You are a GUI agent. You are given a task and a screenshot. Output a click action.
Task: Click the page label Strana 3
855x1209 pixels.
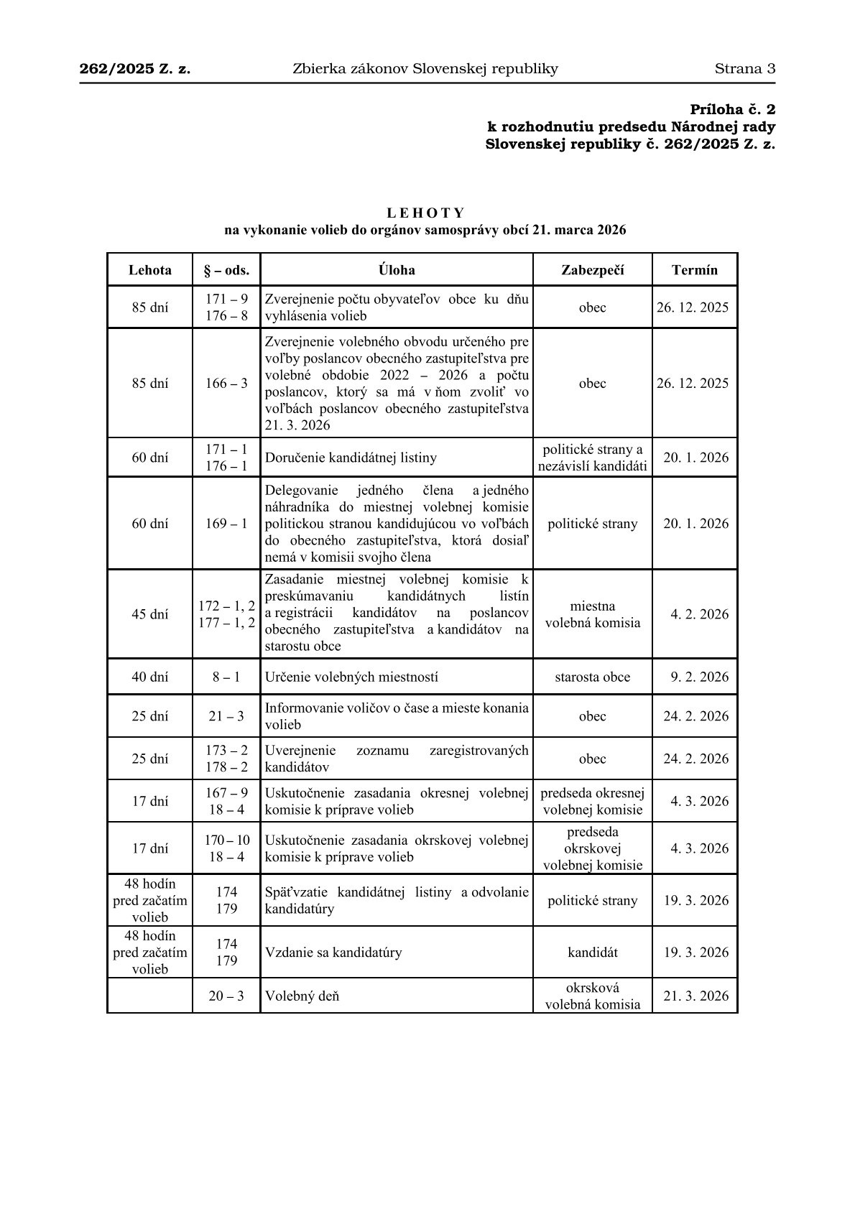[744, 69]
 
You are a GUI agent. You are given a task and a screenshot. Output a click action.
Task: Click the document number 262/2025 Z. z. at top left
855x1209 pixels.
[135, 69]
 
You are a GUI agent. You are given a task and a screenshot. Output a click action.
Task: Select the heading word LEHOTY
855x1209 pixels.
[425, 213]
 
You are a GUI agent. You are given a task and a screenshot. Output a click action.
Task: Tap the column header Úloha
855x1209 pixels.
[397, 270]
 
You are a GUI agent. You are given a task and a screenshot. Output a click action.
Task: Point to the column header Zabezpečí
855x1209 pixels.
[592, 270]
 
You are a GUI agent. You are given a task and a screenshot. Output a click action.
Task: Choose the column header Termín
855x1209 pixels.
[694, 270]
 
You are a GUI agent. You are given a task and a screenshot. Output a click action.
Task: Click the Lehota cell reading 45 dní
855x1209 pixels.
[149, 614]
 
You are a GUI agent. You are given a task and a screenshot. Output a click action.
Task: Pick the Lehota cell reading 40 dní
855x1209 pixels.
[149, 677]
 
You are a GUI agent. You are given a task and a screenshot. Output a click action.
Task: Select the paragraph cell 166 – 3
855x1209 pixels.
[226, 383]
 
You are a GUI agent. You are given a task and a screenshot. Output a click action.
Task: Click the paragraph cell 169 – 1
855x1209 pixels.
[226, 523]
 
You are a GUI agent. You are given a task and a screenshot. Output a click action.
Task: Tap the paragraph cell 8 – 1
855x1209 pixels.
[226, 677]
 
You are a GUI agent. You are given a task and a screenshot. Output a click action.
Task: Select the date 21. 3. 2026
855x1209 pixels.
[695, 996]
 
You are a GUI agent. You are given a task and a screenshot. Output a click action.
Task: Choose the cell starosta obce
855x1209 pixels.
[592, 677]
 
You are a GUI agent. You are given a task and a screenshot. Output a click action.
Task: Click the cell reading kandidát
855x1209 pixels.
[592, 953]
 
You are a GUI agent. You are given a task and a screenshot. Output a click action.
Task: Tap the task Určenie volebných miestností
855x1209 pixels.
[351, 677]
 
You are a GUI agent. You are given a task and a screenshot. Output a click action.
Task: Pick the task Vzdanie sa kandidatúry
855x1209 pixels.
[333, 953]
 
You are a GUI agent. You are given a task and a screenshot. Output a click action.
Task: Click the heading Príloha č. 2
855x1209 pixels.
[733, 110]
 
